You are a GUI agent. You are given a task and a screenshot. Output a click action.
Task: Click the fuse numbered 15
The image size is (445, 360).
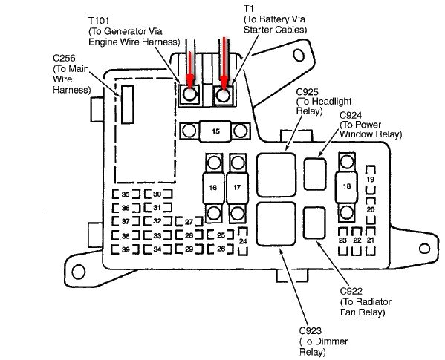(x=215, y=131)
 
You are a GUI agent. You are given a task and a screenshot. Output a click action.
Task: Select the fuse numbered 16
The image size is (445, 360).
(x=213, y=188)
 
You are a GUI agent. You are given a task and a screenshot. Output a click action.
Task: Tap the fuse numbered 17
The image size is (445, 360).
(x=238, y=188)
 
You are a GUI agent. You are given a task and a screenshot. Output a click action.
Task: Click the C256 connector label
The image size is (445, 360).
(x=64, y=57)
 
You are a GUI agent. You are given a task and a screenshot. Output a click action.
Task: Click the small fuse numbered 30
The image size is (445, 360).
(x=157, y=194)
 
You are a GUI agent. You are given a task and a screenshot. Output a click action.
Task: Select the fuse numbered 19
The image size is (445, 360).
(x=370, y=181)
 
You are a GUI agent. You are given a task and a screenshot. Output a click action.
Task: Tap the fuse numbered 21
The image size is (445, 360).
(x=370, y=240)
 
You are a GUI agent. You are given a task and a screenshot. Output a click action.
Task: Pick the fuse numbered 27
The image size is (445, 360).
(x=189, y=222)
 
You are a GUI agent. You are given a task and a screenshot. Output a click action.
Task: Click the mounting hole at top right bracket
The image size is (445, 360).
(x=301, y=53)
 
